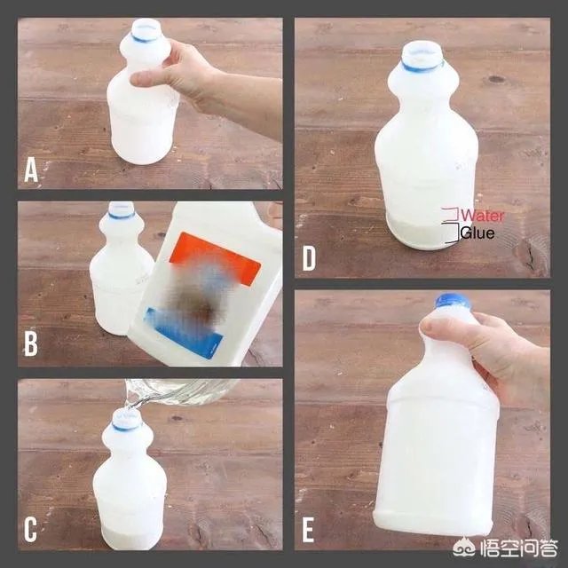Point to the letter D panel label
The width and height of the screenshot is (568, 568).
pyautogui.click(x=309, y=260)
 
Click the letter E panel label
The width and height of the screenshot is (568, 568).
pyautogui.click(x=309, y=531)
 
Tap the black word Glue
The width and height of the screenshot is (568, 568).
pyautogui.click(x=477, y=233)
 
